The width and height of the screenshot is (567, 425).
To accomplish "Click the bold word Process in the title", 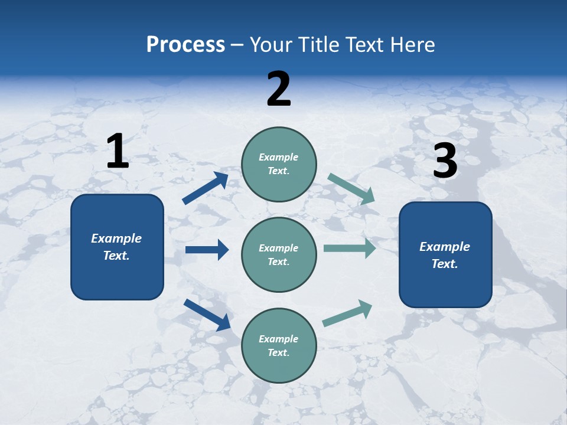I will click(x=185, y=45).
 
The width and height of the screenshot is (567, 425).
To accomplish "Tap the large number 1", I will click(x=118, y=151).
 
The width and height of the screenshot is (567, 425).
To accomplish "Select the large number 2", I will click(x=279, y=89).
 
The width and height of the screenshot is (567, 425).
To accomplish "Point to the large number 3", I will click(x=445, y=161).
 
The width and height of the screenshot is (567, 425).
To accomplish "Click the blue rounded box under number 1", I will click(x=117, y=247).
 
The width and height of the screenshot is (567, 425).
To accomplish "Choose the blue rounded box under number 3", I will click(x=445, y=254).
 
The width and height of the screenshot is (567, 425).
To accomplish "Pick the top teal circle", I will click(x=279, y=164).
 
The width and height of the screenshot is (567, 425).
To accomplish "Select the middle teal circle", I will click(x=279, y=254).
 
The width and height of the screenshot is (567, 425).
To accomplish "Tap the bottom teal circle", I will click(x=279, y=345).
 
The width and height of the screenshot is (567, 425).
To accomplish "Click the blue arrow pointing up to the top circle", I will click(x=206, y=188).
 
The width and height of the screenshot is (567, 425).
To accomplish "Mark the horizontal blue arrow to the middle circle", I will click(x=207, y=250).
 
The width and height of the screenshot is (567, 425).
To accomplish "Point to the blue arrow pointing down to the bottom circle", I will click(x=207, y=315).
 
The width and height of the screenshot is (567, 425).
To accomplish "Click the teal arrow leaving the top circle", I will click(x=351, y=189).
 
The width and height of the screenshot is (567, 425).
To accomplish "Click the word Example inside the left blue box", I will click(x=116, y=238).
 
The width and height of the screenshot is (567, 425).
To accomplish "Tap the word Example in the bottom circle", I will click(x=279, y=339).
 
